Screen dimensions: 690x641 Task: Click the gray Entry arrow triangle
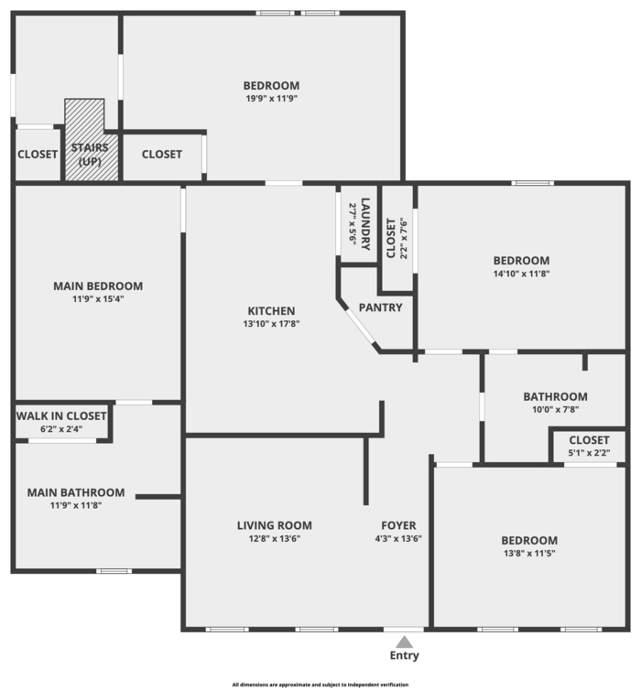pos(404,641)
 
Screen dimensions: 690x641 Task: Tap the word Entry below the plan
pos(404,656)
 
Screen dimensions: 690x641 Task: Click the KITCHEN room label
pos(271,310)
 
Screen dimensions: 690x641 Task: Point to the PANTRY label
pos(380,307)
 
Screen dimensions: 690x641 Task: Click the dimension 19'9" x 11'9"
pos(272,99)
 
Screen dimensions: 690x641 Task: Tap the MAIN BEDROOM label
pos(98,286)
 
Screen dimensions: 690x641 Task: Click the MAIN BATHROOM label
pos(76,492)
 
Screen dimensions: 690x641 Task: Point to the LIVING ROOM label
pos(275,525)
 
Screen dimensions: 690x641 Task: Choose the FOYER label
pos(399,525)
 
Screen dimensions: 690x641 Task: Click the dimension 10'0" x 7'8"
pos(555,410)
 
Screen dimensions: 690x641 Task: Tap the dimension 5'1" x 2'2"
pos(589,453)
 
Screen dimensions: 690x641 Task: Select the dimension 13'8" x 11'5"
pos(529,554)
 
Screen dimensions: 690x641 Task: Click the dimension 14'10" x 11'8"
pos(521,273)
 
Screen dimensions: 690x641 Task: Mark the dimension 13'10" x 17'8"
pos(271,323)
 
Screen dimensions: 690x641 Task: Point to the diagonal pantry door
pos(358,323)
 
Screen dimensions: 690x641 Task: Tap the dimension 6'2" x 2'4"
pos(61,429)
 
